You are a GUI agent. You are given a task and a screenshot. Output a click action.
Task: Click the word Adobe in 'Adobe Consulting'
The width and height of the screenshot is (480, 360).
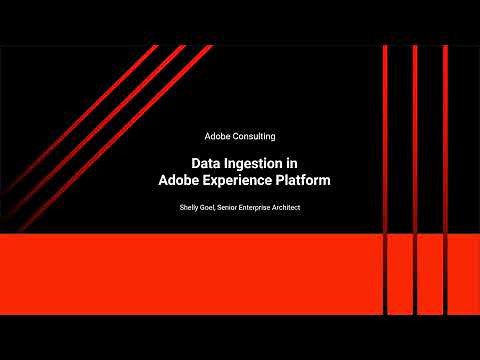point(217,136)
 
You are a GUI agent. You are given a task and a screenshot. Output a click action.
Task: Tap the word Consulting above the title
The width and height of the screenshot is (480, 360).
point(254,136)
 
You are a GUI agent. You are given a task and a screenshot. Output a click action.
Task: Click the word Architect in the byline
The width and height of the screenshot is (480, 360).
point(309,207)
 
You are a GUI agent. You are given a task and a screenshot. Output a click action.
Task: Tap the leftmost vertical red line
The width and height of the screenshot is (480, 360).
point(385,140)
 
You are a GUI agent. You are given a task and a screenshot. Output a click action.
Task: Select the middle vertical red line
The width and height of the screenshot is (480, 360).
point(415,140)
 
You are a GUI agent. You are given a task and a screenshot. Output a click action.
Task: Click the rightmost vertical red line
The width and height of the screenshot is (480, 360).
point(445,140)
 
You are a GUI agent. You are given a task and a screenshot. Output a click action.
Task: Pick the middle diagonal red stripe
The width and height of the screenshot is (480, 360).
point(100,120)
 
